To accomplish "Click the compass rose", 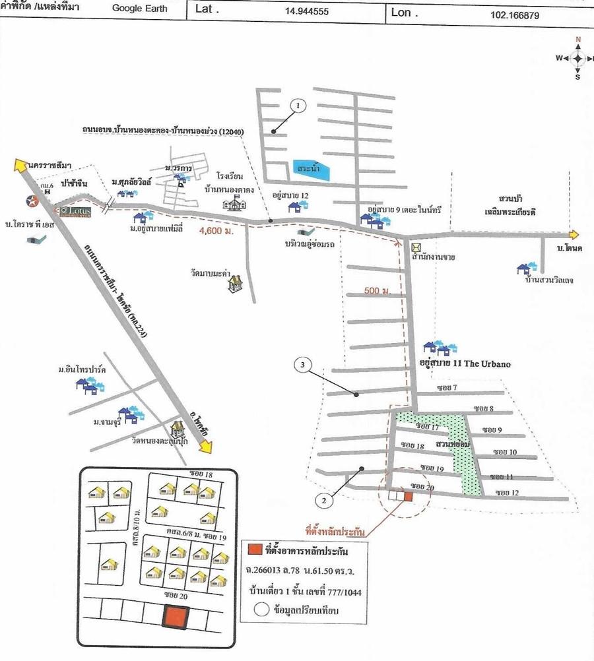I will pos(577,58).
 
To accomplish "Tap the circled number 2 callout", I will pos(323,500).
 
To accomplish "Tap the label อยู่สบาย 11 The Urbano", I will pos(465,363).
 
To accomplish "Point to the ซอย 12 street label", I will pos(506,492).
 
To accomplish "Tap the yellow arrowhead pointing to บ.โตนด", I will pos(574,234).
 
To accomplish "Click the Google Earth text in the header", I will pos(139,9).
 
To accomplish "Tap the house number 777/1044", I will pos(338,592).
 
